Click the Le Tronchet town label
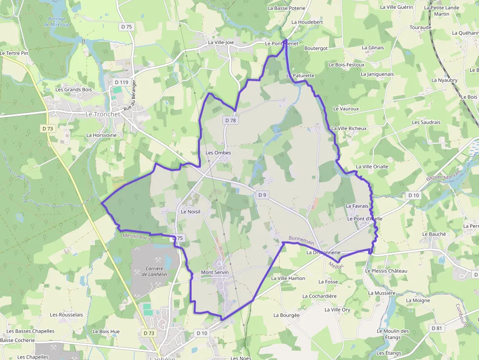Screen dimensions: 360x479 point(103,114)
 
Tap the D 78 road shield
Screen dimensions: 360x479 point(231,120)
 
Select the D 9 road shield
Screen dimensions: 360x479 point(262,195)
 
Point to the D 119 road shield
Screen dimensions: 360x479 point(121,82)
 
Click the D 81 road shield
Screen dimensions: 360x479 point(437,328)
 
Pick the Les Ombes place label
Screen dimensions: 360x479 point(218,152)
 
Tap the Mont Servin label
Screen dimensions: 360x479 point(215,272)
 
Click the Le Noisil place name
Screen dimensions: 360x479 point(191,212)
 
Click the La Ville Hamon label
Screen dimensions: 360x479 point(288,278)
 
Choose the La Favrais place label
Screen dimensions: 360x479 point(357,206)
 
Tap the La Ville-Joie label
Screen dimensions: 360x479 point(221,42)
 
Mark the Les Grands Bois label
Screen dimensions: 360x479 point(73,89)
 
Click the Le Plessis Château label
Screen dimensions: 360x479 point(386,271)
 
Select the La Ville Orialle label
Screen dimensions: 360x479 point(372,167)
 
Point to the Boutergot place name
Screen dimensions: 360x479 point(316,48)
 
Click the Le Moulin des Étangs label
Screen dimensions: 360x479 point(393,334)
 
